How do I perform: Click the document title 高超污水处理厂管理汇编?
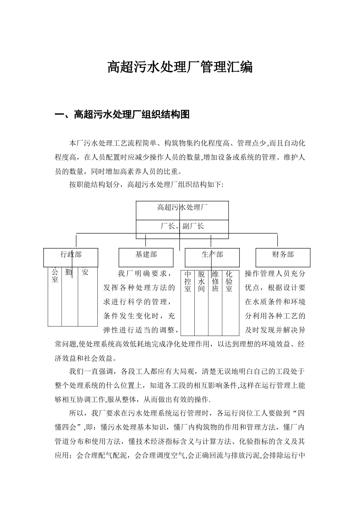[x=180, y=67]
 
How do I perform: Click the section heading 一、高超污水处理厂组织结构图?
[x=122, y=114]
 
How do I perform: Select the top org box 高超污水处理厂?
[x=182, y=207]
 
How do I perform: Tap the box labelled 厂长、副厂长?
[x=182, y=226]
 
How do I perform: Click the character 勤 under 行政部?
[x=69, y=272]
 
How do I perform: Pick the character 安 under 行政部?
[x=85, y=272]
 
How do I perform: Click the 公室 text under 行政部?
[x=55, y=276]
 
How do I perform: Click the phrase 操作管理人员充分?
[x=275, y=273]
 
